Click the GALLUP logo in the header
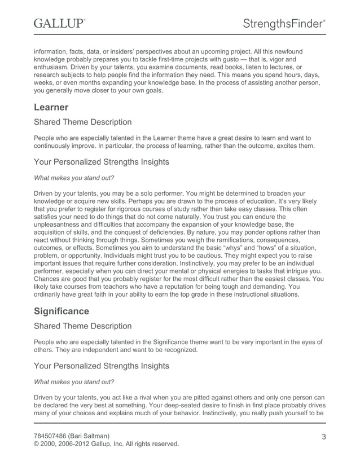pyautogui.click(x=59, y=23)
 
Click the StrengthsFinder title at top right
pyautogui.click(x=284, y=24)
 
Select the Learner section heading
pyautogui.click(x=51, y=107)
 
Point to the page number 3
pyautogui.click(x=324, y=436)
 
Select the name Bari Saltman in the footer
pyautogui.click(x=94, y=436)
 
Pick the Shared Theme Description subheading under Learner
pyautogui.click(x=83, y=122)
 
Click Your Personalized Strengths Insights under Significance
pyautogui.click(x=101, y=366)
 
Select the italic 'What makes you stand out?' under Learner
pyautogui.click(x=74, y=178)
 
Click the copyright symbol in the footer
pyautogui.click(x=37, y=444)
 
